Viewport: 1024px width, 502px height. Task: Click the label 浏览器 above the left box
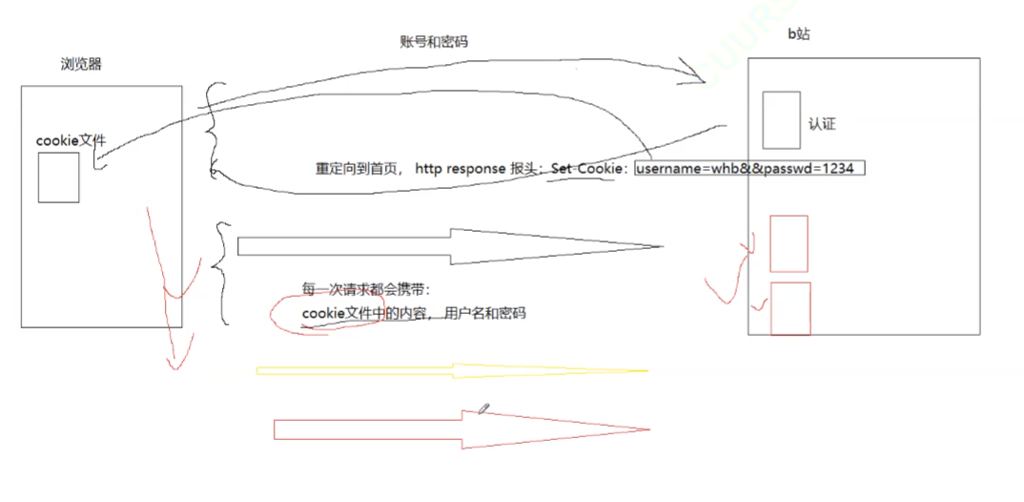tap(81, 65)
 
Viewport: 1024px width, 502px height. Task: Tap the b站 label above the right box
tap(798, 36)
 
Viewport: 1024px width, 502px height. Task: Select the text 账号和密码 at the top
tap(434, 42)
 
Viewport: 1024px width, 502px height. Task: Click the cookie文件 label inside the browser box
tap(71, 140)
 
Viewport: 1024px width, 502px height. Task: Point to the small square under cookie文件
tap(58, 178)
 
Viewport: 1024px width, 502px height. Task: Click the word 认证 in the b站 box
tap(822, 124)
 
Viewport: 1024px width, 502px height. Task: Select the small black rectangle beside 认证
tap(781, 119)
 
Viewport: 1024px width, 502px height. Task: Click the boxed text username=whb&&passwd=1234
tap(750, 168)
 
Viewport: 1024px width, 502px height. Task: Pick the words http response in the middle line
tap(461, 168)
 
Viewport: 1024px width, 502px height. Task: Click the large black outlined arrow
tap(448, 246)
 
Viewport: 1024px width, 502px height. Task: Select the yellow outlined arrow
tap(452, 370)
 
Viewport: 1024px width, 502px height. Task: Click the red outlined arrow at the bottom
tap(461, 429)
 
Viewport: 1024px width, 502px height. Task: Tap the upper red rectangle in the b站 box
tap(788, 243)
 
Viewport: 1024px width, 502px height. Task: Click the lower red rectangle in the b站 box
tap(790, 308)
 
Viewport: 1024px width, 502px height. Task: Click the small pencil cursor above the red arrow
tap(484, 408)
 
